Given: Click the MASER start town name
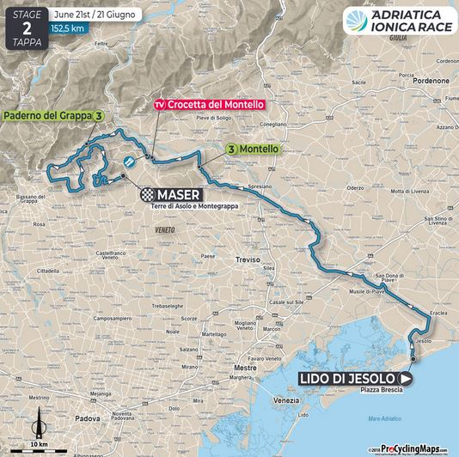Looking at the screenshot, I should [x=179, y=193].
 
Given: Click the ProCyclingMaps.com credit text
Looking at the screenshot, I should [x=417, y=448].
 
